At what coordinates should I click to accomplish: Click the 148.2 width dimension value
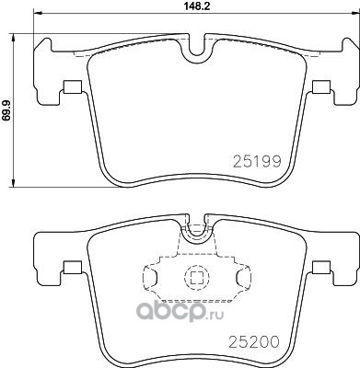point(196,6)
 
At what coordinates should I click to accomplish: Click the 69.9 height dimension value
point(7,109)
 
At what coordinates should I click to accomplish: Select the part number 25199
point(257,162)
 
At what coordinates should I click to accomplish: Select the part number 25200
point(254,341)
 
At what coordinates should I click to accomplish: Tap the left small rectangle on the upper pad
point(72,86)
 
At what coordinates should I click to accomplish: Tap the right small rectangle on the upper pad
point(321,86)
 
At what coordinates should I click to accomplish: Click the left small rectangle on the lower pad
point(72,267)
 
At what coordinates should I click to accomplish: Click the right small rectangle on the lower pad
point(321,267)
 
